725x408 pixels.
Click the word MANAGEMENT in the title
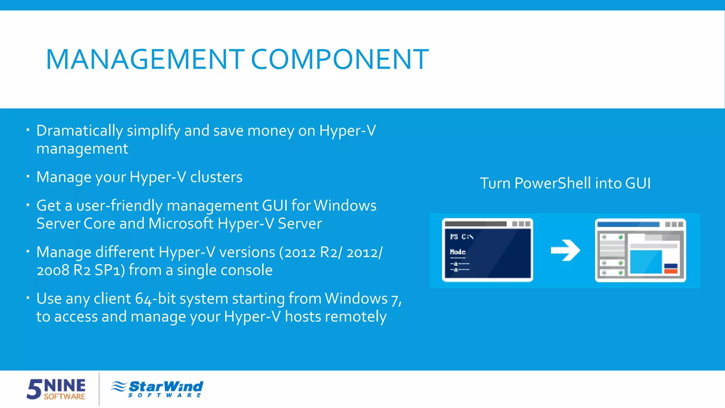145,59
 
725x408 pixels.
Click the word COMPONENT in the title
340,59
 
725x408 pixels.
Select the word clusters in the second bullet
216,177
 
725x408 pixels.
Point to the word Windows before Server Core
345,206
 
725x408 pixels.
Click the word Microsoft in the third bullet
181,224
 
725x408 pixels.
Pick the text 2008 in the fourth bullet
53,271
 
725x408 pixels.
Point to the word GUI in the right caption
638,183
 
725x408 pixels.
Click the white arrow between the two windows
565,250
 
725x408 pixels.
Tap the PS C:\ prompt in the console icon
462,237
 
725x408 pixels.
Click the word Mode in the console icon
458,252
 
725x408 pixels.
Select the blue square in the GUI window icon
646,262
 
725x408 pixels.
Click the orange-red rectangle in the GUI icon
671,271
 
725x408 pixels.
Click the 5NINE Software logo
56,389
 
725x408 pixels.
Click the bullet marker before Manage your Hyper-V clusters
28,176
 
